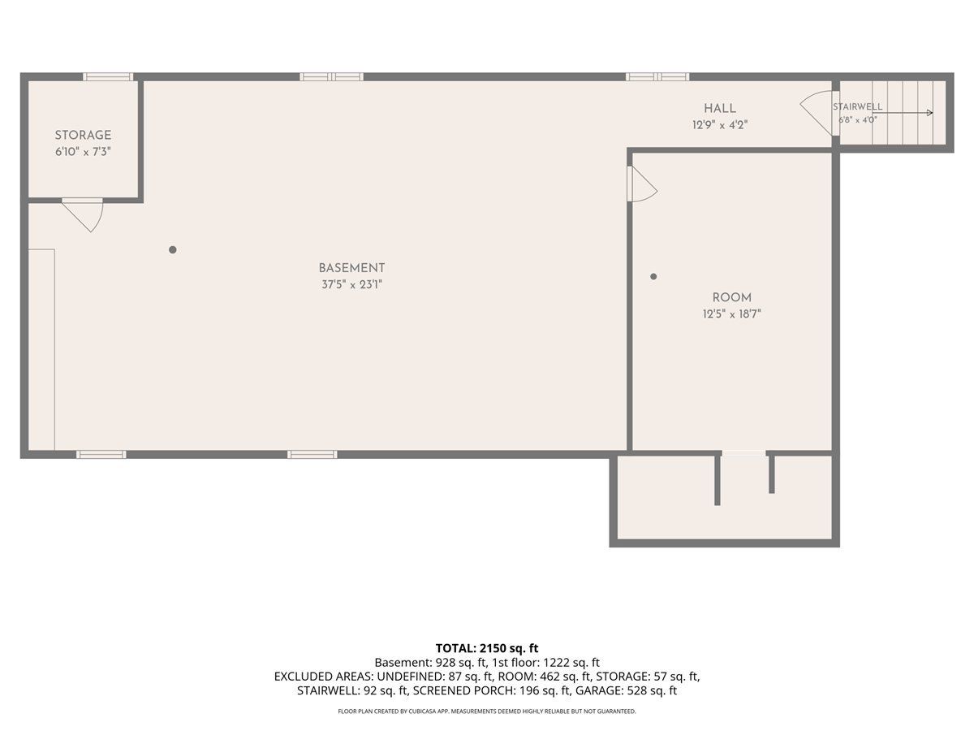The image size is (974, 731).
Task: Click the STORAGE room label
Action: (x=83, y=135)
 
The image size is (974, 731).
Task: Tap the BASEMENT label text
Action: (x=351, y=268)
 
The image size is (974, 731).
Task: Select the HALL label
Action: (x=720, y=108)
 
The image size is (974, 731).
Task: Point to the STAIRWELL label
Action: (x=857, y=106)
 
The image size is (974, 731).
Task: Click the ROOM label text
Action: (x=732, y=297)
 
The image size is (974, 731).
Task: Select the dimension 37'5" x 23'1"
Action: (x=352, y=284)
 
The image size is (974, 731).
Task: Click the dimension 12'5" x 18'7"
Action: (x=732, y=314)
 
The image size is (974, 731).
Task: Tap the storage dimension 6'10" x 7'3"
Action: (x=83, y=152)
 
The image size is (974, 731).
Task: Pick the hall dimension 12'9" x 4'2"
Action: (x=720, y=125)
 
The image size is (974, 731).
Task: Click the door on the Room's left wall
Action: (x=642, y=184)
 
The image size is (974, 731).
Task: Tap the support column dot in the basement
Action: (x=173, y=250)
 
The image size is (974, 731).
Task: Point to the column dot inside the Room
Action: (x=653, y=276)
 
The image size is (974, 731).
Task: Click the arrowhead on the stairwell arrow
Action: (x=929, y=113)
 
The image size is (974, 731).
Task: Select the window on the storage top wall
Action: (x=108, y=77)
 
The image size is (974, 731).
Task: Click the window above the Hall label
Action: (x=657, y=77)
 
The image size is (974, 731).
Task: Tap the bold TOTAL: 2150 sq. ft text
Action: (x=487, y=648)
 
